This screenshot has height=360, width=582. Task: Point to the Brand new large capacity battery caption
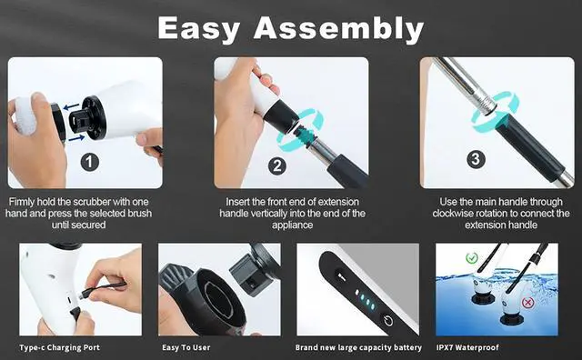click(356, 347)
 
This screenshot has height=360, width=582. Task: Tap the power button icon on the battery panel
click(388, 319)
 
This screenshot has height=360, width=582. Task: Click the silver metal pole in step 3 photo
click(464, 78)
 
